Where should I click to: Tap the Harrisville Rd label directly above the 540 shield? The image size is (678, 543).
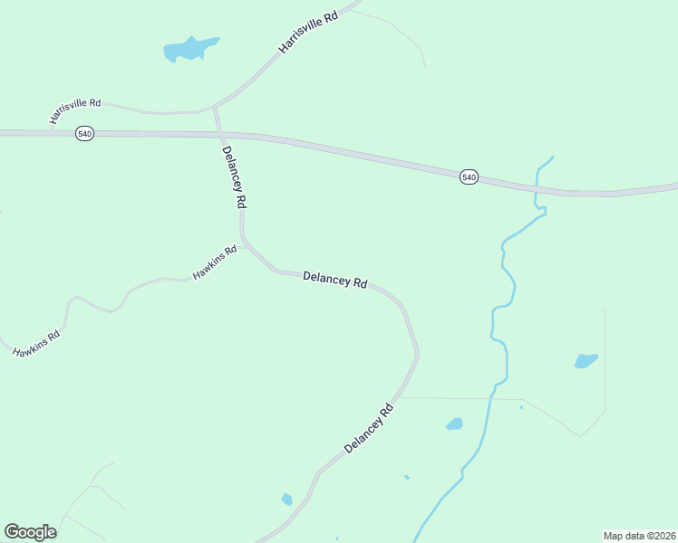[x=75, y=111]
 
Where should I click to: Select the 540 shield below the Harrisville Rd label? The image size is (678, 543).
[x=84, y=133]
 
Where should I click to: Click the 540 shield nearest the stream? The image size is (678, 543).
[x=468, y=177]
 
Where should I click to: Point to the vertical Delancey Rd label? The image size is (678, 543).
[x=234, y=178]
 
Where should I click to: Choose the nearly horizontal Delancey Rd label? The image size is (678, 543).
[x=334, y=280]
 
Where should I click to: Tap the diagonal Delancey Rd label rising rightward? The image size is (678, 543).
[x=370, y=428]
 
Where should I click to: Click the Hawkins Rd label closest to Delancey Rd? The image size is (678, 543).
[x=215, y=262]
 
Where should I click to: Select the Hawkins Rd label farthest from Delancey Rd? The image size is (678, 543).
[x=36, y=344]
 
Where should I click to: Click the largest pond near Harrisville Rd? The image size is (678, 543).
[x=189, y=49]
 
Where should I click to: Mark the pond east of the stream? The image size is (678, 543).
[x=586, y=360]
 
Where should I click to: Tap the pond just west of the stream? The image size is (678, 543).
[x=454, y=424]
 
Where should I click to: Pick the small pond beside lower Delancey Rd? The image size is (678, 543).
[x=286, y=499]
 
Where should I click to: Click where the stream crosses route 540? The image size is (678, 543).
[x=536, y=189]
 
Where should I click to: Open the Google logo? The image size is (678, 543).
[x=30, y=532]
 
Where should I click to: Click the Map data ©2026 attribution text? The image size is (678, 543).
[x=639, y=535]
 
